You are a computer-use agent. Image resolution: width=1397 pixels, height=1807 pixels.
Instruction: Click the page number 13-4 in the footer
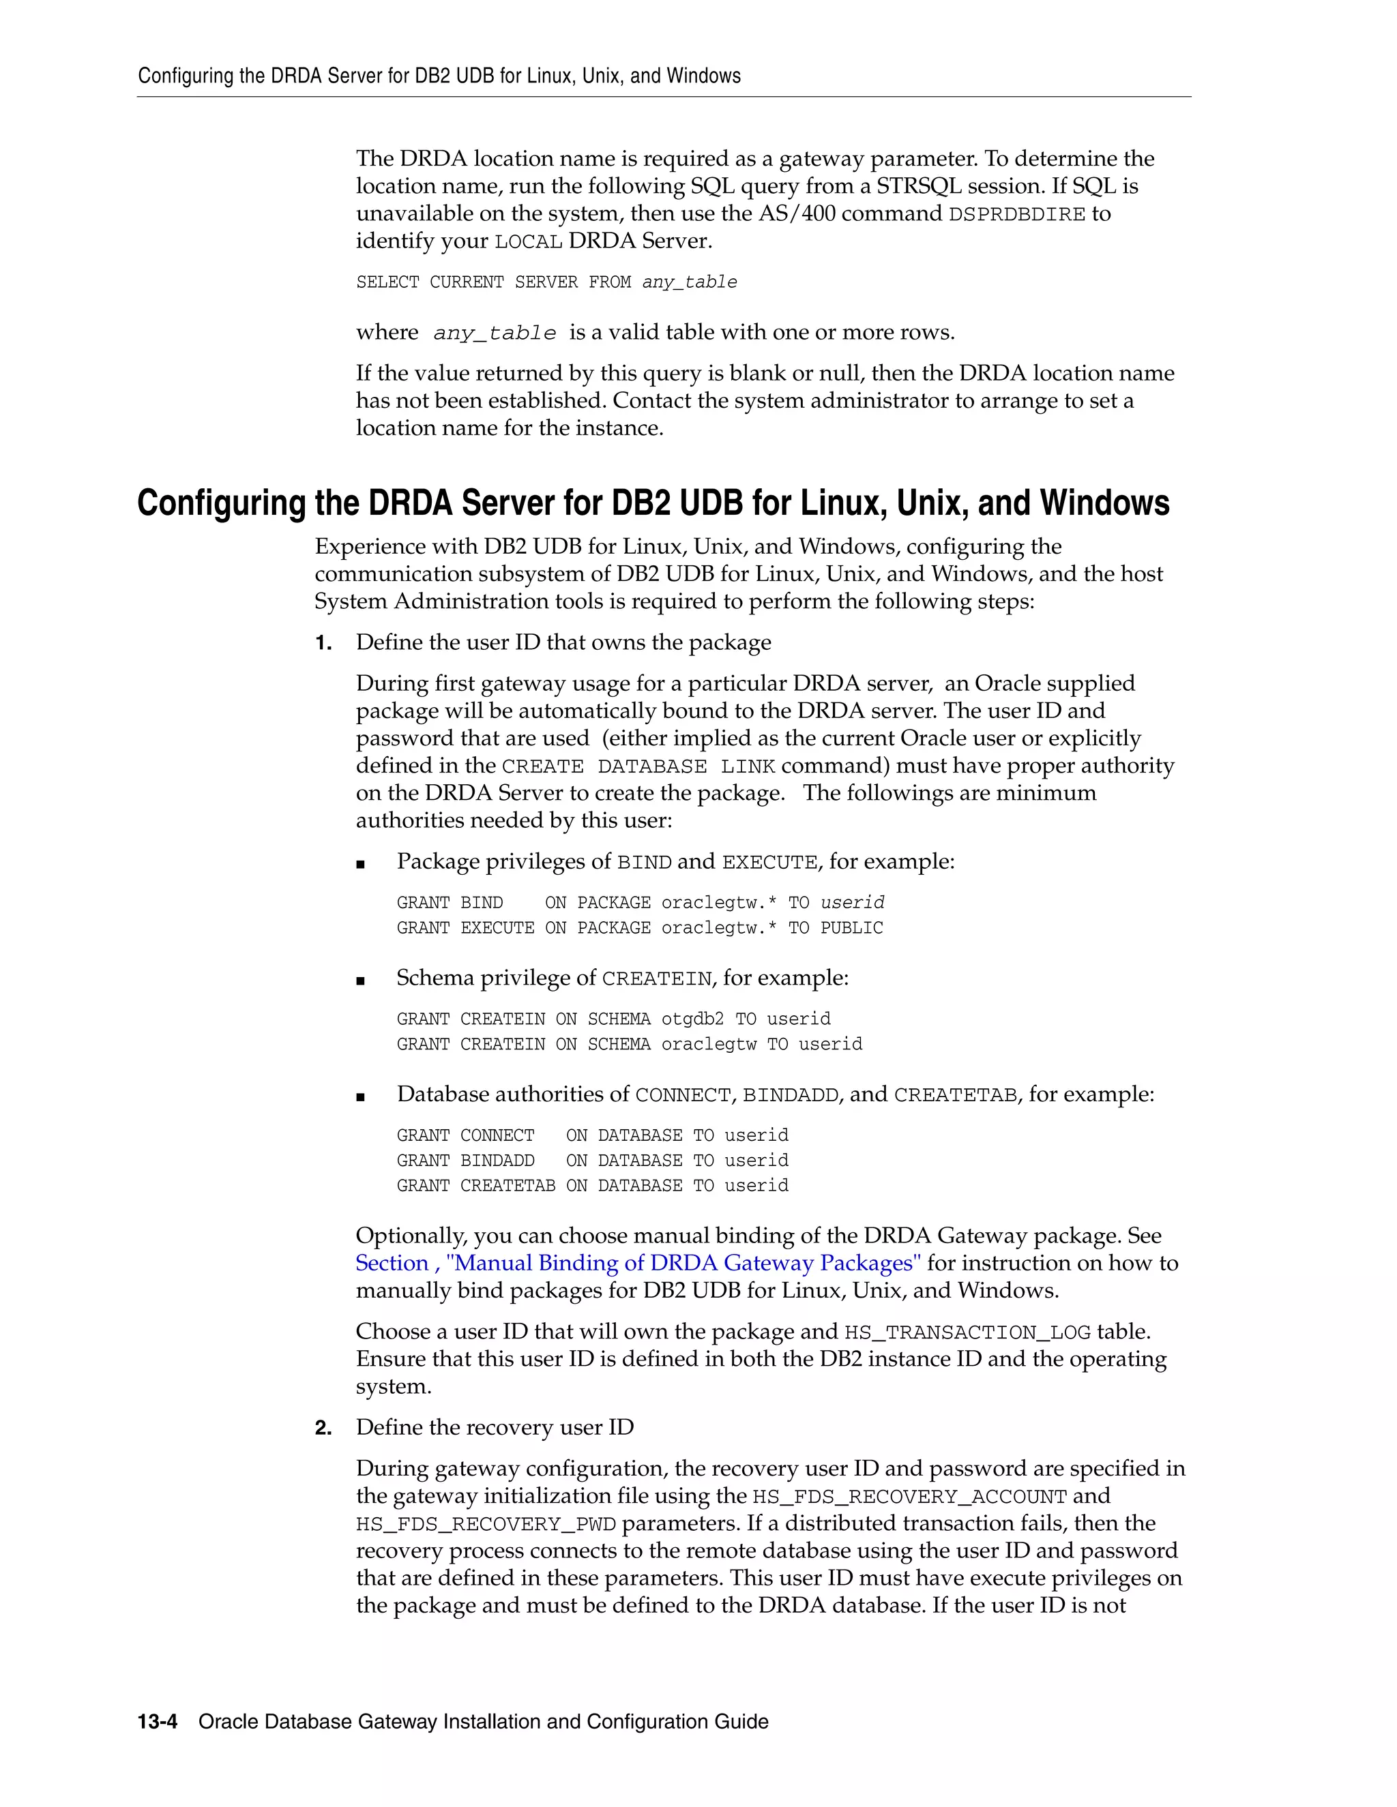pos(158,1721)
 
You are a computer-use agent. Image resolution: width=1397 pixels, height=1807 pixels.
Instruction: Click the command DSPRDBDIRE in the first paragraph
pos(1016,214)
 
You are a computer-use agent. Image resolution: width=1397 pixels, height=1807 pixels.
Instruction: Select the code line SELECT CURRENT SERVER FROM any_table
pos(546,282)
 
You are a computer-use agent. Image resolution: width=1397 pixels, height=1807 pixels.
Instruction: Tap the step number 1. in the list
pos(323,643)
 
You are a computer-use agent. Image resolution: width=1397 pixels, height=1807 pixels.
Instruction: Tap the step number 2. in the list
pos(323,1427)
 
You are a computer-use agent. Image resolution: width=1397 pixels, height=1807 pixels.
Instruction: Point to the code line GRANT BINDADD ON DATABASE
pos(591,1160)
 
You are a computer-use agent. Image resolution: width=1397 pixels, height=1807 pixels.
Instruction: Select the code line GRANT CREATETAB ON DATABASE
pos(591,1186)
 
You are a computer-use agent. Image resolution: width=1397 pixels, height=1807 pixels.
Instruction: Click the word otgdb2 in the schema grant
pos(692,1019)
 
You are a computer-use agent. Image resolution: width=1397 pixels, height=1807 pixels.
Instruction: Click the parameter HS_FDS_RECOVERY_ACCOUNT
pos(909,1497)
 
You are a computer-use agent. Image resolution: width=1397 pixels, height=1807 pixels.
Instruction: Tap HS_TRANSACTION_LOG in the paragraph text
pos(967,1332)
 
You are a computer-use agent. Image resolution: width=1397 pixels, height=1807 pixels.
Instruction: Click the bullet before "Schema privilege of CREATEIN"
pos(360,981)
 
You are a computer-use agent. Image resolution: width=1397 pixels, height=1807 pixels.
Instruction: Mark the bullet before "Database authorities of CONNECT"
pos(360,1097)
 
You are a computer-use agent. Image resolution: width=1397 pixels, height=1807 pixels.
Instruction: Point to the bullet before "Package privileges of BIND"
pos(360,865)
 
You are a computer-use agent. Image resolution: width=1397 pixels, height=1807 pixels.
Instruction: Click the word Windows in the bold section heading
pos(1104,503)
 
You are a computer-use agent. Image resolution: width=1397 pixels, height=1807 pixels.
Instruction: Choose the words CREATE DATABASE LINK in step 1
pos(637,767)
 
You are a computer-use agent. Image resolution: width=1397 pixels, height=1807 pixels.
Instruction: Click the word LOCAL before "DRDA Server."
pos(528,241)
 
